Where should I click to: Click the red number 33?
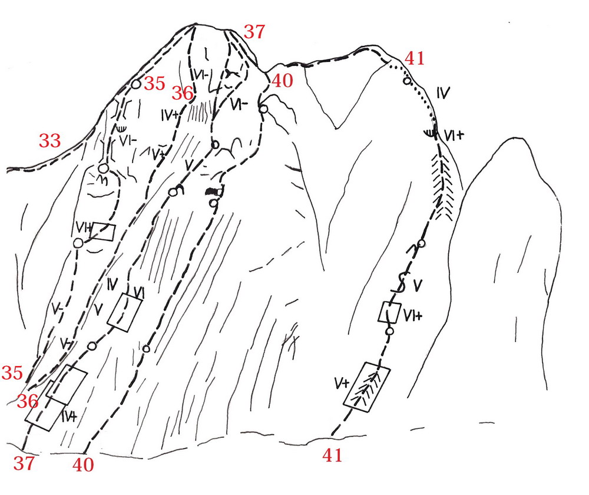(x=51, y=141)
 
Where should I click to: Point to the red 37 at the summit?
(x=254, y=32)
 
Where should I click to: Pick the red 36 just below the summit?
(x=183, y=93)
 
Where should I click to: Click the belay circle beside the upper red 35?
(x=135, y=84)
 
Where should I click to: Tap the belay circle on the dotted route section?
(x=406, y=80)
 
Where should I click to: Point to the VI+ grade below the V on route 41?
(x=413, y=316)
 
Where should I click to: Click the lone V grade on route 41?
(x=417, y=287)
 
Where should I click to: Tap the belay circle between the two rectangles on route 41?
(x=389, y=332)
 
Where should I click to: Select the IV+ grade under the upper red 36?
(x=168, y=115)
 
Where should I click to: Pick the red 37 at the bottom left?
(x=24, y=463)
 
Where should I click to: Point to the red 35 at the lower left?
(x=12, y=372)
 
